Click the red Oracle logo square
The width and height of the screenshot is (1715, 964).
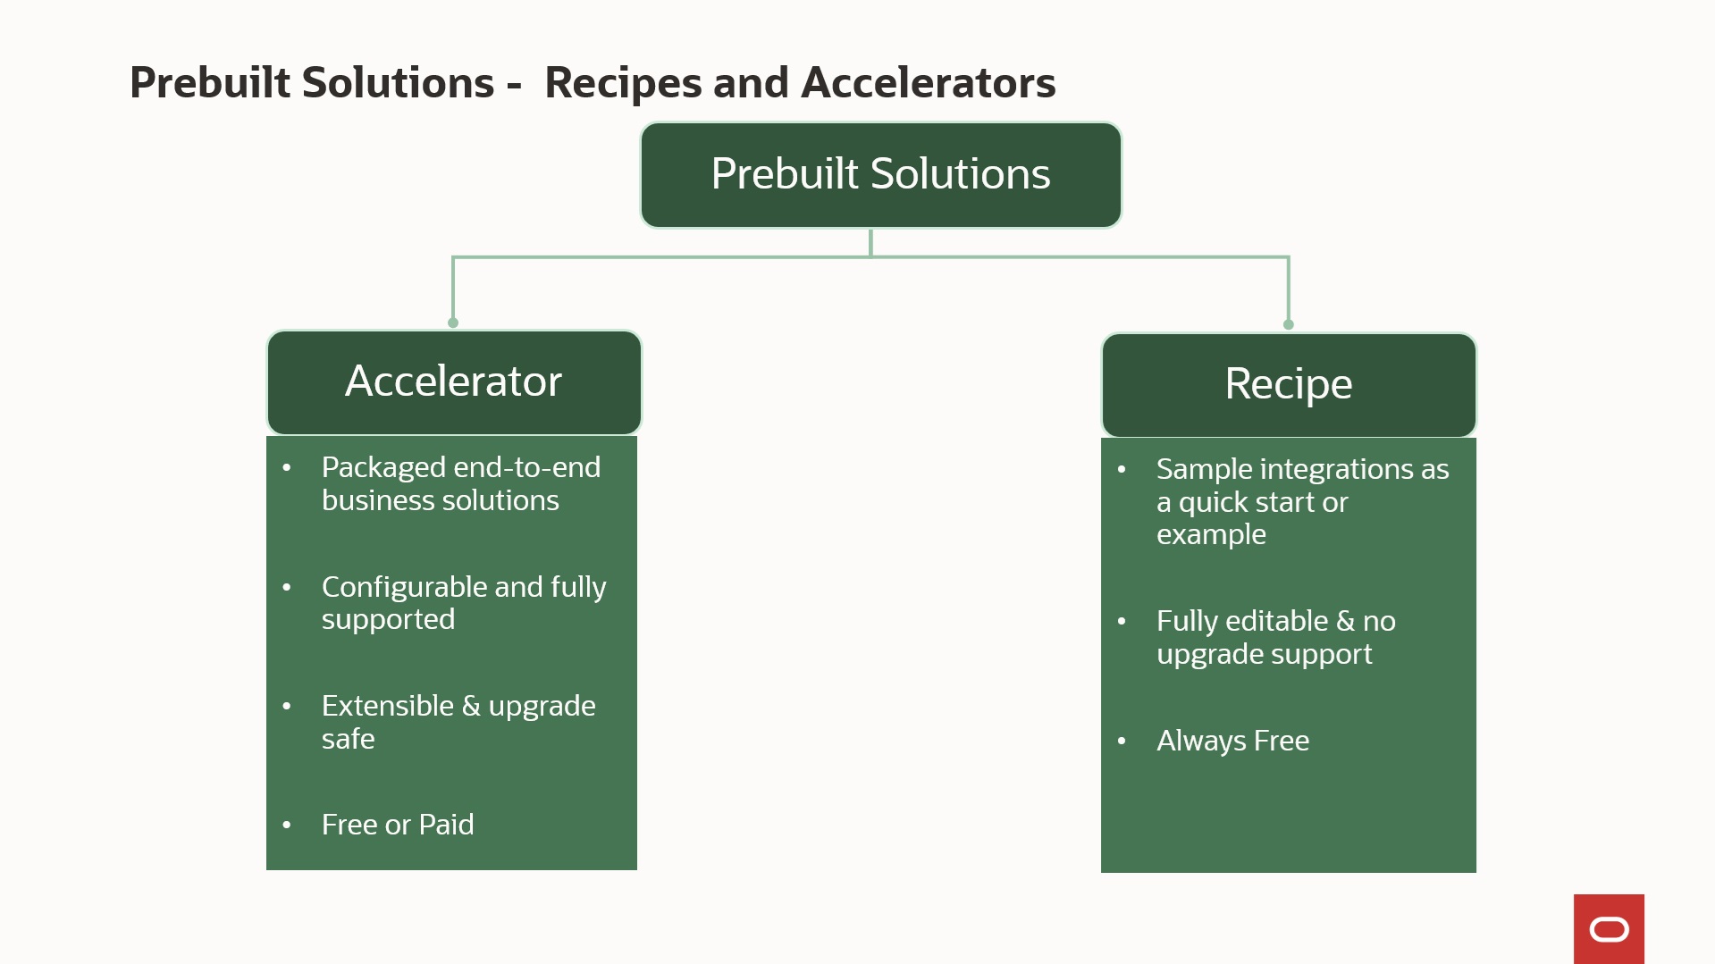1609,929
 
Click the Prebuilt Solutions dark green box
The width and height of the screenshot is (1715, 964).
880,174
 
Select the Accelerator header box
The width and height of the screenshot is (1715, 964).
454,381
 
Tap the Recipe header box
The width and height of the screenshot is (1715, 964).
1288,384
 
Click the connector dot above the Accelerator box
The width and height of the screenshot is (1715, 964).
453,323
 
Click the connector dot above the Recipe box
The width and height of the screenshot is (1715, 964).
1288,324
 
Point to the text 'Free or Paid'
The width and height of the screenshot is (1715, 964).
398,825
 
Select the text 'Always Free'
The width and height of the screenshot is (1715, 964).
1232,741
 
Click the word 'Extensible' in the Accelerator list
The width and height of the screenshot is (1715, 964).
387,706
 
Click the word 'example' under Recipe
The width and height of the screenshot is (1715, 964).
1211,534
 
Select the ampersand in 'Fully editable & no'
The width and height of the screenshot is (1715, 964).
1345,621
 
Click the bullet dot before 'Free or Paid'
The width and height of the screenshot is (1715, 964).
287,825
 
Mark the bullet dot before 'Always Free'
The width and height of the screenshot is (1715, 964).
1122,741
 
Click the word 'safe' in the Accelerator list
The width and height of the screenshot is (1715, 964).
348,739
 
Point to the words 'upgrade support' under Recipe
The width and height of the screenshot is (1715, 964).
1264,654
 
